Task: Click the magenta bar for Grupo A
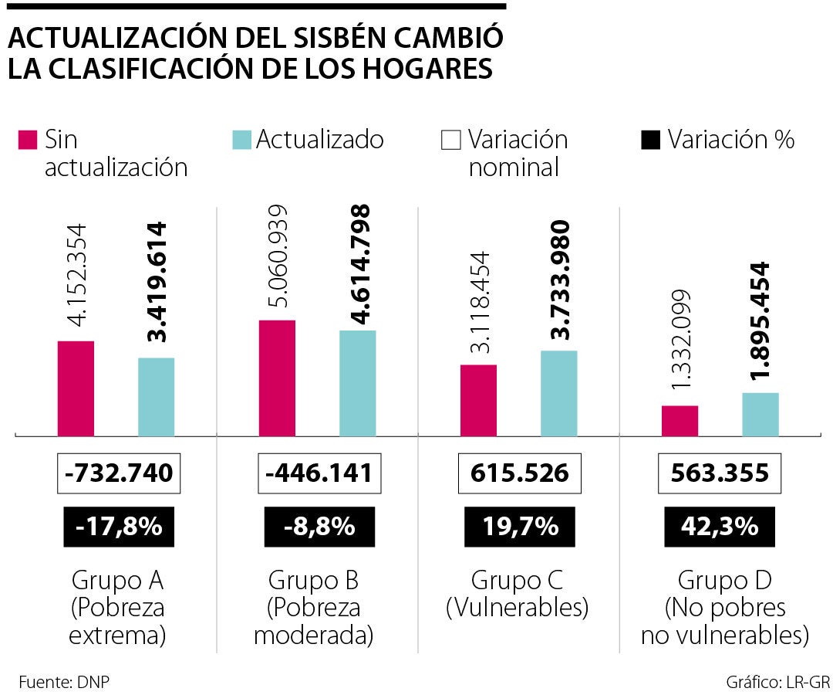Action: tap(76, 388)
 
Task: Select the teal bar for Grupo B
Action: tap(357, 383)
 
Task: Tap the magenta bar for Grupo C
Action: tap(478, 400)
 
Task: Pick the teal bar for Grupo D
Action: tap(760, 415)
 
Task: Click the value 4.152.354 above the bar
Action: tap(76, 276)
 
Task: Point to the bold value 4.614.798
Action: tap(359, 263)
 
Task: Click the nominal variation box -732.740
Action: tap(119, 473)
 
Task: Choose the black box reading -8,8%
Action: tap(319, 527)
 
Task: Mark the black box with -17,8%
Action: tap(120, 527)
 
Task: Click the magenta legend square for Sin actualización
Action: tap(27, 141)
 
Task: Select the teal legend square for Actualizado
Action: tap(241, 141)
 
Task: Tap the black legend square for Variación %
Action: tap(651, 141)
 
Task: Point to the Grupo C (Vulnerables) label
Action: tap(518, 594)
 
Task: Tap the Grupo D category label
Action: tap(724, 580)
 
